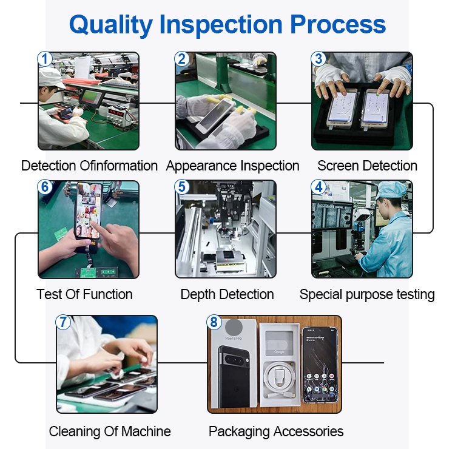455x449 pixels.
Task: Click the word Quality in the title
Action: tap(111, 25)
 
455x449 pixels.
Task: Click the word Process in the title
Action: tap(338, 24)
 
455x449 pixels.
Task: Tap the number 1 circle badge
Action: tap(45, 59)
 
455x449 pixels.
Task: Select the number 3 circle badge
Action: tap(318, 59)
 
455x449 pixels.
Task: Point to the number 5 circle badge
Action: tap(182, 187)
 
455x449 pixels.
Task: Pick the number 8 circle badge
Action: tap(214, 322)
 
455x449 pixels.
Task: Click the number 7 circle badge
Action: tap(63, 322)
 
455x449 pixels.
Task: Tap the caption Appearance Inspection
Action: tap(233, 166)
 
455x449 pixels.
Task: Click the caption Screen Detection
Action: tap(368, 166)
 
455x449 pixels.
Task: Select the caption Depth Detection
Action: tap(227, 295)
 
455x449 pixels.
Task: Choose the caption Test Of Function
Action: tap(84, 294)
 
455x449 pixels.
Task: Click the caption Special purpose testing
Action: tap(367, 295)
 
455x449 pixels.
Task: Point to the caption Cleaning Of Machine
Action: tap(110, 431)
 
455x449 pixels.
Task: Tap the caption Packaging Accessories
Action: tap(276, 432)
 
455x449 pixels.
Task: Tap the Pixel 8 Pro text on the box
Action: tap(234, 338)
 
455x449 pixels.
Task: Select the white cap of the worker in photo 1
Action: tap(51, 77)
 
